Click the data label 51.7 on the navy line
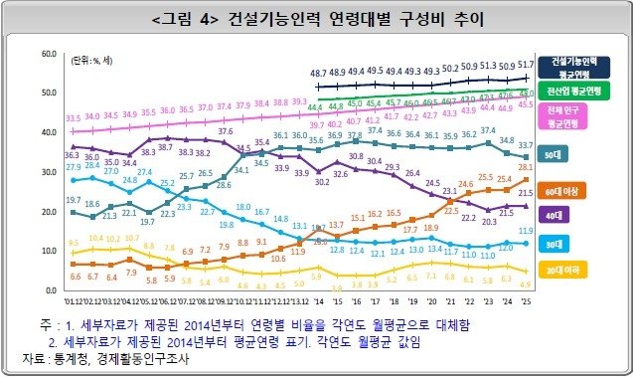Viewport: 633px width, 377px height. [528, 64]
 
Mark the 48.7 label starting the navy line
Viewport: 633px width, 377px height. [319, 74]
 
